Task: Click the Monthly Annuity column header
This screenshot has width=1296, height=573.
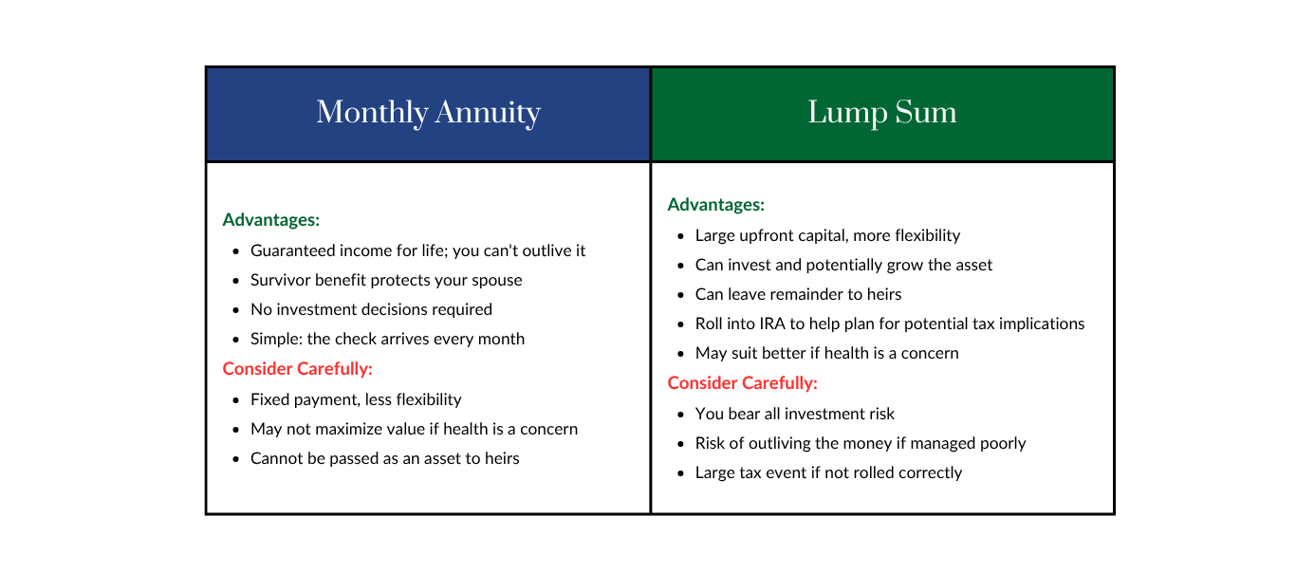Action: click(x=428, y=113)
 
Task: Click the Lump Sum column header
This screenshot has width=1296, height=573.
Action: click(x=882, y=113)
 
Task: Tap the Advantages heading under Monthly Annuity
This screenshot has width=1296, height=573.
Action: click(x=270, y=220)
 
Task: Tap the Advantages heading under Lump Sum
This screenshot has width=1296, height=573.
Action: click(x=715, y=205)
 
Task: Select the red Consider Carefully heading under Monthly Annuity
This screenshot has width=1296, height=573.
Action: click(x=297, y=369)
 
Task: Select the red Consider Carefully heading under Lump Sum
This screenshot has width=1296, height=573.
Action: click(x=742, y=383)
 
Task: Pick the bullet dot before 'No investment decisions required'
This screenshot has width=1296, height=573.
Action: click(x=235, y=310)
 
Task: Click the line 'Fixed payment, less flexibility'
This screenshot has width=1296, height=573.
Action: click(x=356, y=400)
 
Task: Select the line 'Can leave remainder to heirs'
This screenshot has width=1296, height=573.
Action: click(x=798, y=295)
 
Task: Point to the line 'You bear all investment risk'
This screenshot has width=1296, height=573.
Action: click(x=794, y=414)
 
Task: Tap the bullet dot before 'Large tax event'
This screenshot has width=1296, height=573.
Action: click(x=680, y=473)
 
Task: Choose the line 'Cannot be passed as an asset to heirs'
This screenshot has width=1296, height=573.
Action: click(x=385, y=458)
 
